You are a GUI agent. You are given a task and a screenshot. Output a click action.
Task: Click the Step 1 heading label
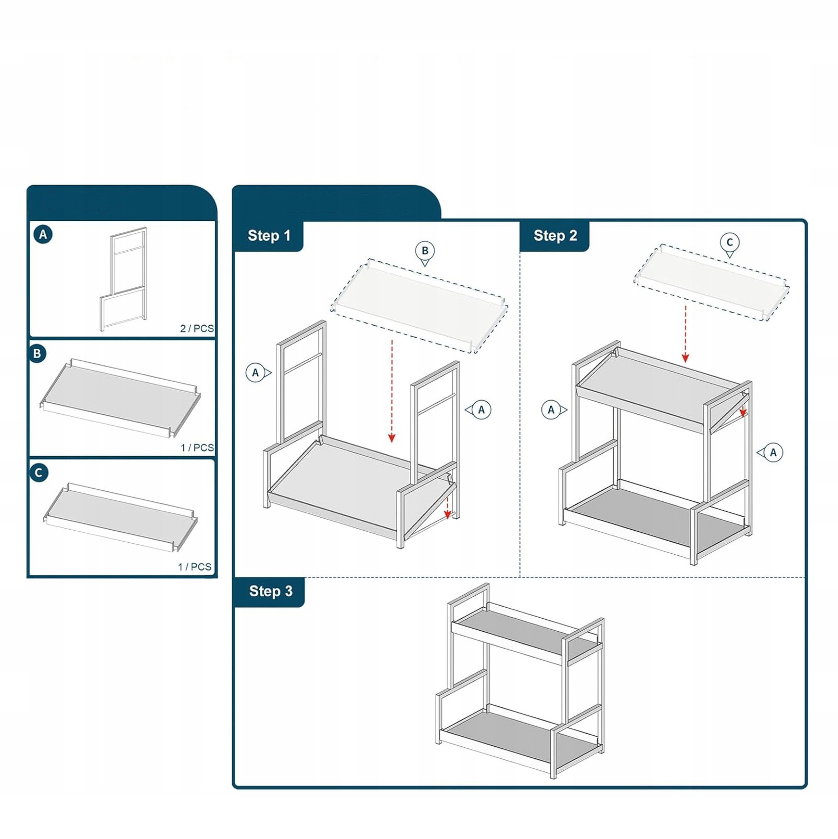tap(269, 236)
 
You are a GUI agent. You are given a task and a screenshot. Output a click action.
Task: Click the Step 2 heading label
tap(555, 236)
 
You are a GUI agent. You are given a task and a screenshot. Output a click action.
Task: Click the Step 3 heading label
tap(270, 591)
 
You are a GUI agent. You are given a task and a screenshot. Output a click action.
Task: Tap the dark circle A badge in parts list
tap(43, 234)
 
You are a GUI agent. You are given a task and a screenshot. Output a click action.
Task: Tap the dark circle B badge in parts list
tap(38, 354)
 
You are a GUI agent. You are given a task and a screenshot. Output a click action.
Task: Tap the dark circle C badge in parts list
tap(38, 473)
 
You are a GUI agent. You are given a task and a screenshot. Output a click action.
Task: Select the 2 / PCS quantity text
tap(197, 329)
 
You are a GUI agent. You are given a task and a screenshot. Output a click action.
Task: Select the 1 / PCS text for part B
tap(197, 448)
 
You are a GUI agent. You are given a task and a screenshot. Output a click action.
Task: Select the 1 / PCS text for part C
tap(194, 567)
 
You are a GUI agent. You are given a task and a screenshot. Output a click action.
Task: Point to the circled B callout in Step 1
tap(425, 251)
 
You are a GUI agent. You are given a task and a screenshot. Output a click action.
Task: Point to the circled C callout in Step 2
tap(730, 242)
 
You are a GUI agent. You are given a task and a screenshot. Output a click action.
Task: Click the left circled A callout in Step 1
tap(256, 373)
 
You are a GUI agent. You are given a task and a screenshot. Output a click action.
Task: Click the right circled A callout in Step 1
tap(481, 410)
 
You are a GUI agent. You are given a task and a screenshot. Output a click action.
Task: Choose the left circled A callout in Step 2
tap(551, 410)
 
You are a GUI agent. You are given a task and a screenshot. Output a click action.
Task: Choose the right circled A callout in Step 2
tap(773, 453)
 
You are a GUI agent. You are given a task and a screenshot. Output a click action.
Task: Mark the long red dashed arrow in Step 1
tap(391, 391)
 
